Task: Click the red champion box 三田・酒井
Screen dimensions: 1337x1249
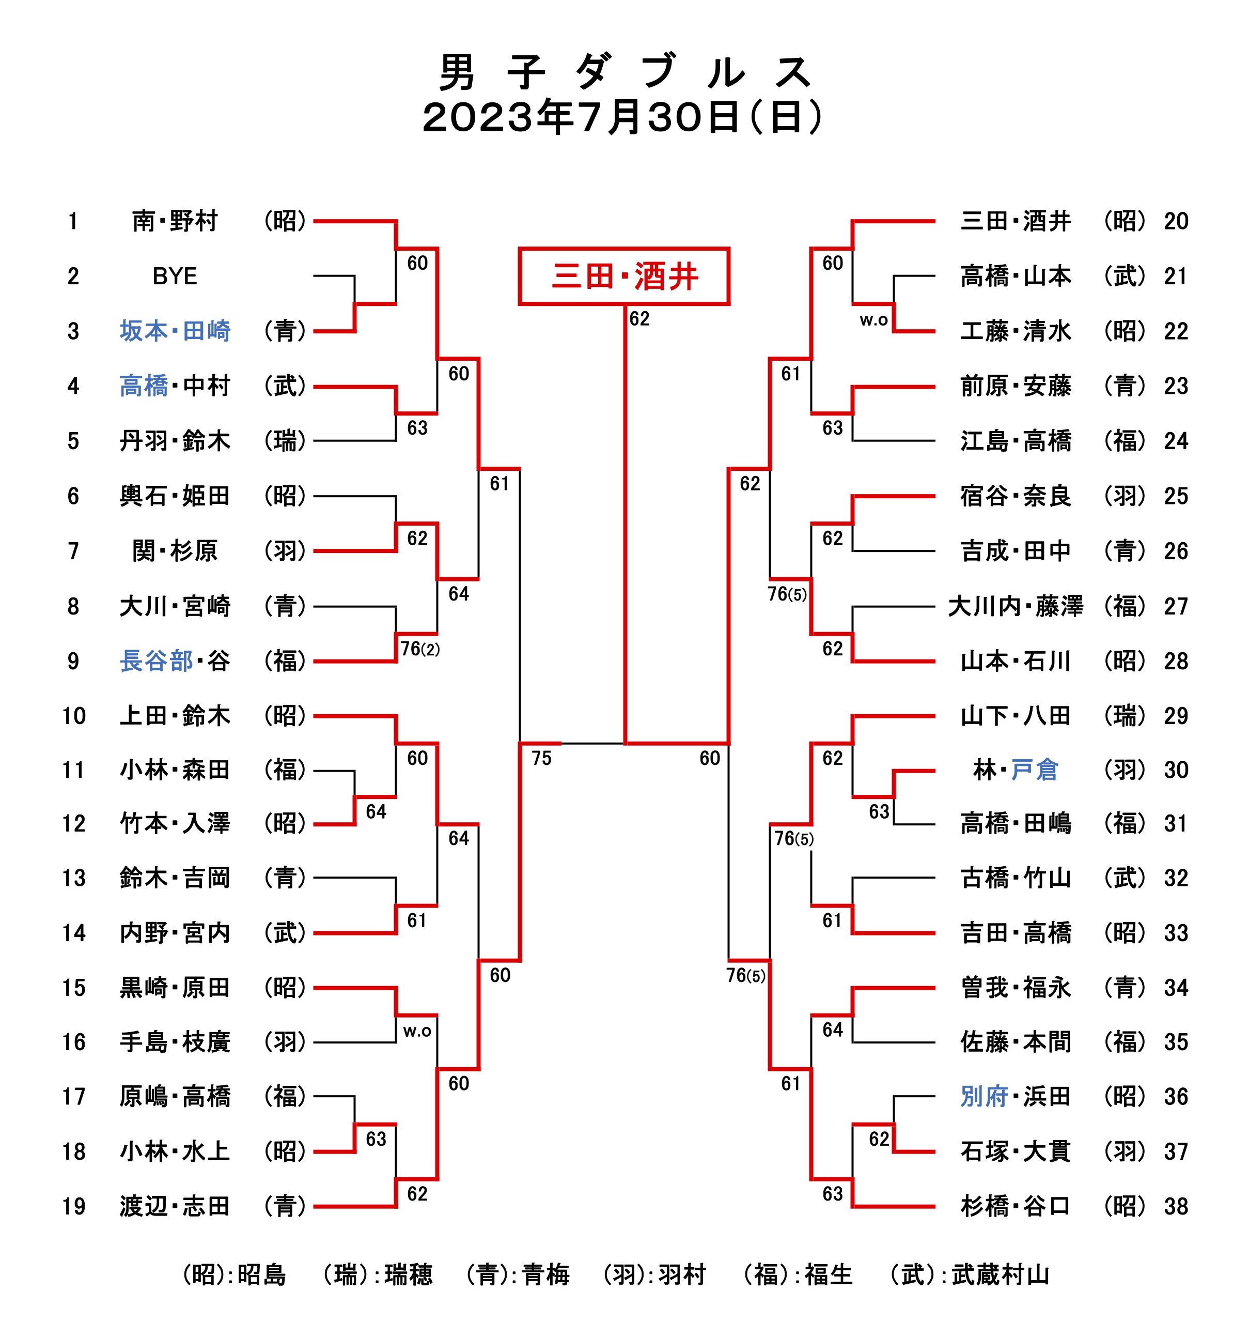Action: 624,276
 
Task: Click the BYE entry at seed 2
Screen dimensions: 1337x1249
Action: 175,276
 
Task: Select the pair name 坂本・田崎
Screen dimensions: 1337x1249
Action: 175,331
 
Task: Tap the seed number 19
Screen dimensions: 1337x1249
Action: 74,1206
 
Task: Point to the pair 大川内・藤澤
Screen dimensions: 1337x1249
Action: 1015,606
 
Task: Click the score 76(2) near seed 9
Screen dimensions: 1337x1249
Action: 419,649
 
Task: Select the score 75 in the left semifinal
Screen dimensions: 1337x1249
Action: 541,758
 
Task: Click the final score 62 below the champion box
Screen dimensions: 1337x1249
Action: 639,319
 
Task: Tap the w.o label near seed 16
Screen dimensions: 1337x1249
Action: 417,1031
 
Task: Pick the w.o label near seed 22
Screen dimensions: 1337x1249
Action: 873,320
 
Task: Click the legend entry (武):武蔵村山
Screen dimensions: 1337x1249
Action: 969,1274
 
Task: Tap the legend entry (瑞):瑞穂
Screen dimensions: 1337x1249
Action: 377,1274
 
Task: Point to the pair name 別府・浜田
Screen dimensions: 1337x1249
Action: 1015,1096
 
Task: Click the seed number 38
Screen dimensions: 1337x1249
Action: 1176,1206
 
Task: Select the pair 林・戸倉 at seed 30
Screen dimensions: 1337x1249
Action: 1015,770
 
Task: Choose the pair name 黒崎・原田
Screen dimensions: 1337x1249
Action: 175,987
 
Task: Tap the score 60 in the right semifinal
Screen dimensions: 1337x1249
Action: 709,758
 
